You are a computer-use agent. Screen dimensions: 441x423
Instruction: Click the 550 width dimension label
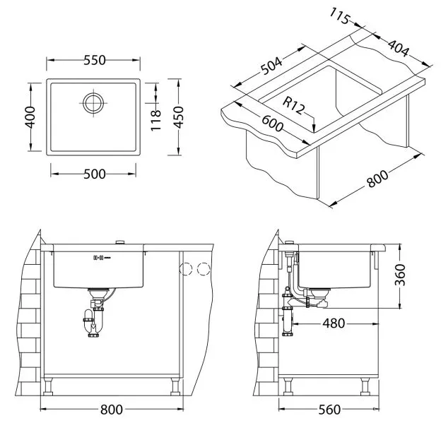point(95,60)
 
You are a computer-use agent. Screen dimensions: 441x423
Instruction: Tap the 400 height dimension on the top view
point(30,117)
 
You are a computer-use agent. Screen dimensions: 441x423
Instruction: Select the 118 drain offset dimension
point(155,120)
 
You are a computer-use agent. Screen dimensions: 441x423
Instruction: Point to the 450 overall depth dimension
point(178,117)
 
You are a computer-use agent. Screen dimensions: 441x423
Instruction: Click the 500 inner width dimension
point(95,174)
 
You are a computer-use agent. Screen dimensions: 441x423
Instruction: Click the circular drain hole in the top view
point(93,103)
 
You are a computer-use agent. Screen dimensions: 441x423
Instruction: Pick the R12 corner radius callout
point(293,106)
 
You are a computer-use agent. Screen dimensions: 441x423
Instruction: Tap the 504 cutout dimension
point(271,66)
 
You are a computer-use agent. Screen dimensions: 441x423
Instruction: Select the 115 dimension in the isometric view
point(339,16)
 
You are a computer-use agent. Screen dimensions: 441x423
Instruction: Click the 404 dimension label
point(398,48)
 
